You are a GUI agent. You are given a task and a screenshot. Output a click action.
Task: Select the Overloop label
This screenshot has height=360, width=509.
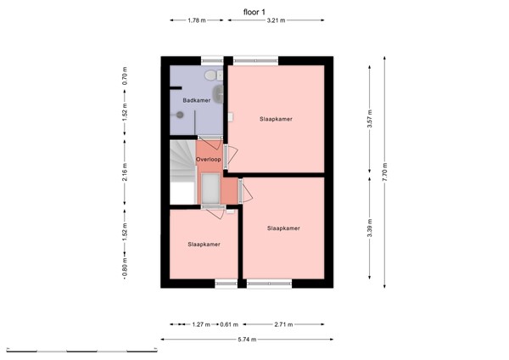[209, 159]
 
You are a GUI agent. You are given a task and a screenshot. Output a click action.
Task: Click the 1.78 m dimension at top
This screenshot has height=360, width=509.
[196, 20]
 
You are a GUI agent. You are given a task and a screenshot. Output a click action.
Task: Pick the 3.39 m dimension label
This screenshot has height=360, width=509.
[369, 230]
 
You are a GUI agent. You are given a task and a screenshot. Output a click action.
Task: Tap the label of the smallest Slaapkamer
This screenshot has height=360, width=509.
[204, 245]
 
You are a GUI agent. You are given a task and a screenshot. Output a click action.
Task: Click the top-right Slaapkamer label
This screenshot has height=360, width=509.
[276, 119]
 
